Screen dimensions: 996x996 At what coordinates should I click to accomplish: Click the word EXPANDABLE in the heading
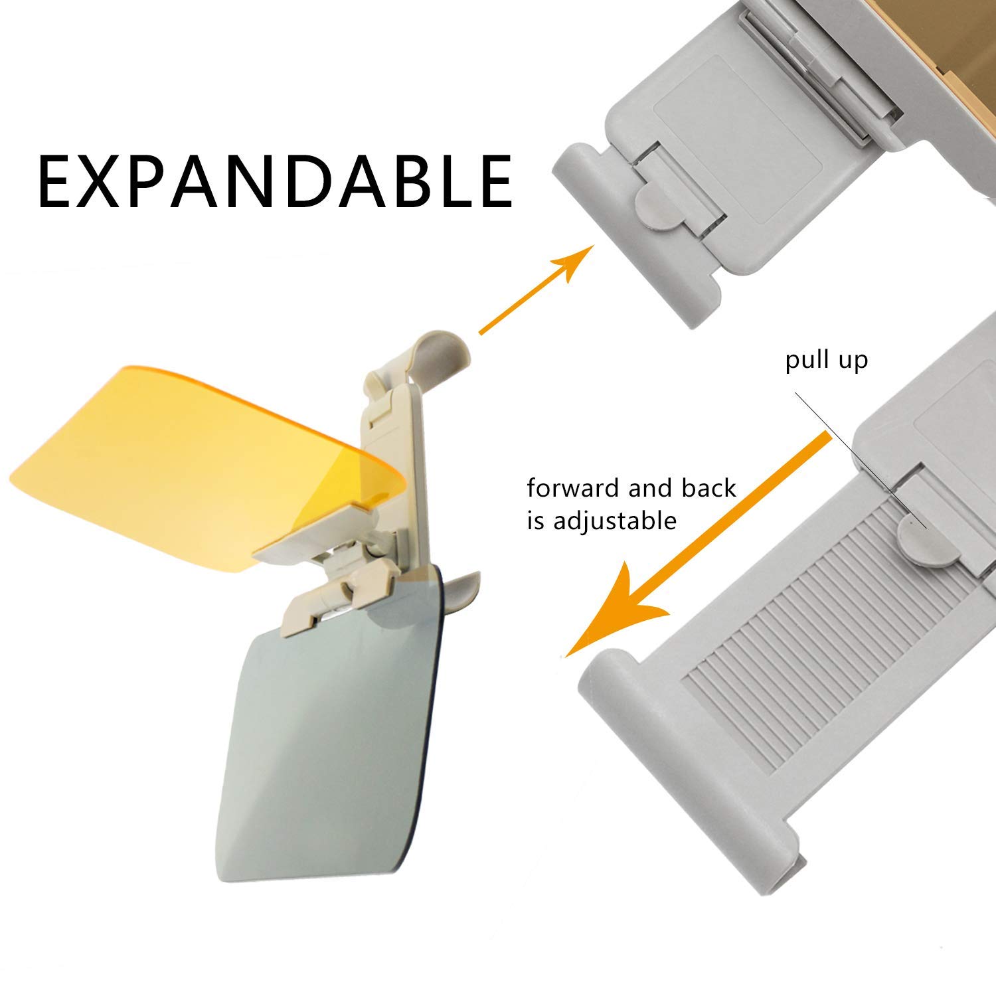tap(275, 181)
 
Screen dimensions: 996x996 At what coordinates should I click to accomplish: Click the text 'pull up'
tap(826, 360)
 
